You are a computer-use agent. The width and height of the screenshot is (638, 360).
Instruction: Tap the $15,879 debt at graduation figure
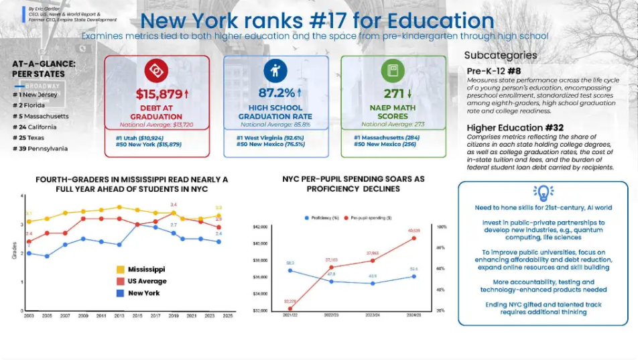point(158,94)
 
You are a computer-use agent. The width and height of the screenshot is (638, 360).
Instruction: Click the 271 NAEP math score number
point(389,94)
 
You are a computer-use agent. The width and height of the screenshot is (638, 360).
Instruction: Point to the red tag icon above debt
point(157,70)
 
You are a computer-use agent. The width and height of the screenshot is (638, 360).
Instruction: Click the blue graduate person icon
point(275,70)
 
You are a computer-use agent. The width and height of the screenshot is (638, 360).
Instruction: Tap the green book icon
point(393,70)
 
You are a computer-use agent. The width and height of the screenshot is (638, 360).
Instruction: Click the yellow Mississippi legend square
point(121,269)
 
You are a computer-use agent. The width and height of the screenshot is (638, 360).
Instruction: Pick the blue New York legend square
point(121,293)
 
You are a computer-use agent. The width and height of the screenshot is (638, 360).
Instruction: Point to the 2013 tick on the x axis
point(119,315)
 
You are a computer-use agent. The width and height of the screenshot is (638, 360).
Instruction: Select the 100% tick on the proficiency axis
point(443,227)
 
